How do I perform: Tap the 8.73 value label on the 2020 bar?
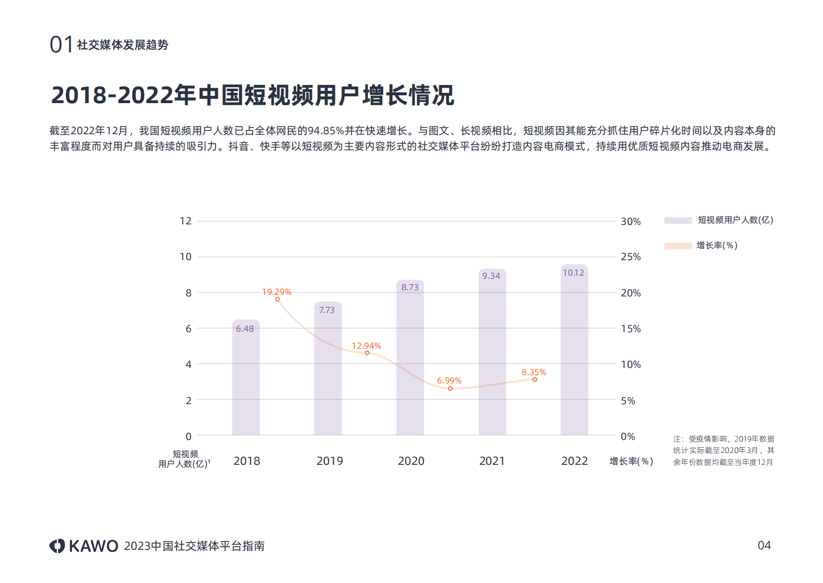coord(410,287)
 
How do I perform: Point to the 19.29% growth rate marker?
coord(277,300)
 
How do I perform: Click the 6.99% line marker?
coord(450,388)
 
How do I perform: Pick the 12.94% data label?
coord(366,346)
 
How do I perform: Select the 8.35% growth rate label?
coord(534,372)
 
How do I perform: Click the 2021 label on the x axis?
coord(492,461)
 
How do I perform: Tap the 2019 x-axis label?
coord(329,461)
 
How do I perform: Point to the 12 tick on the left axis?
coord(186,221)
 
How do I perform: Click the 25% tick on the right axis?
coord(631,257)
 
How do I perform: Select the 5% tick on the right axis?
coord(627,401)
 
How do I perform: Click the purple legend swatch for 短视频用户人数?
coord(678,220)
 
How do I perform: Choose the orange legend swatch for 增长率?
coord(678,246)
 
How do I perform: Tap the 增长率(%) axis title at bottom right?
coord(631,461)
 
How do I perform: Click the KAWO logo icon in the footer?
coord(57,546)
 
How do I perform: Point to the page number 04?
coord(764,545)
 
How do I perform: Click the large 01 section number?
coord(61,45)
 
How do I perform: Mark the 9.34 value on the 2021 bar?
coord(491,276)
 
